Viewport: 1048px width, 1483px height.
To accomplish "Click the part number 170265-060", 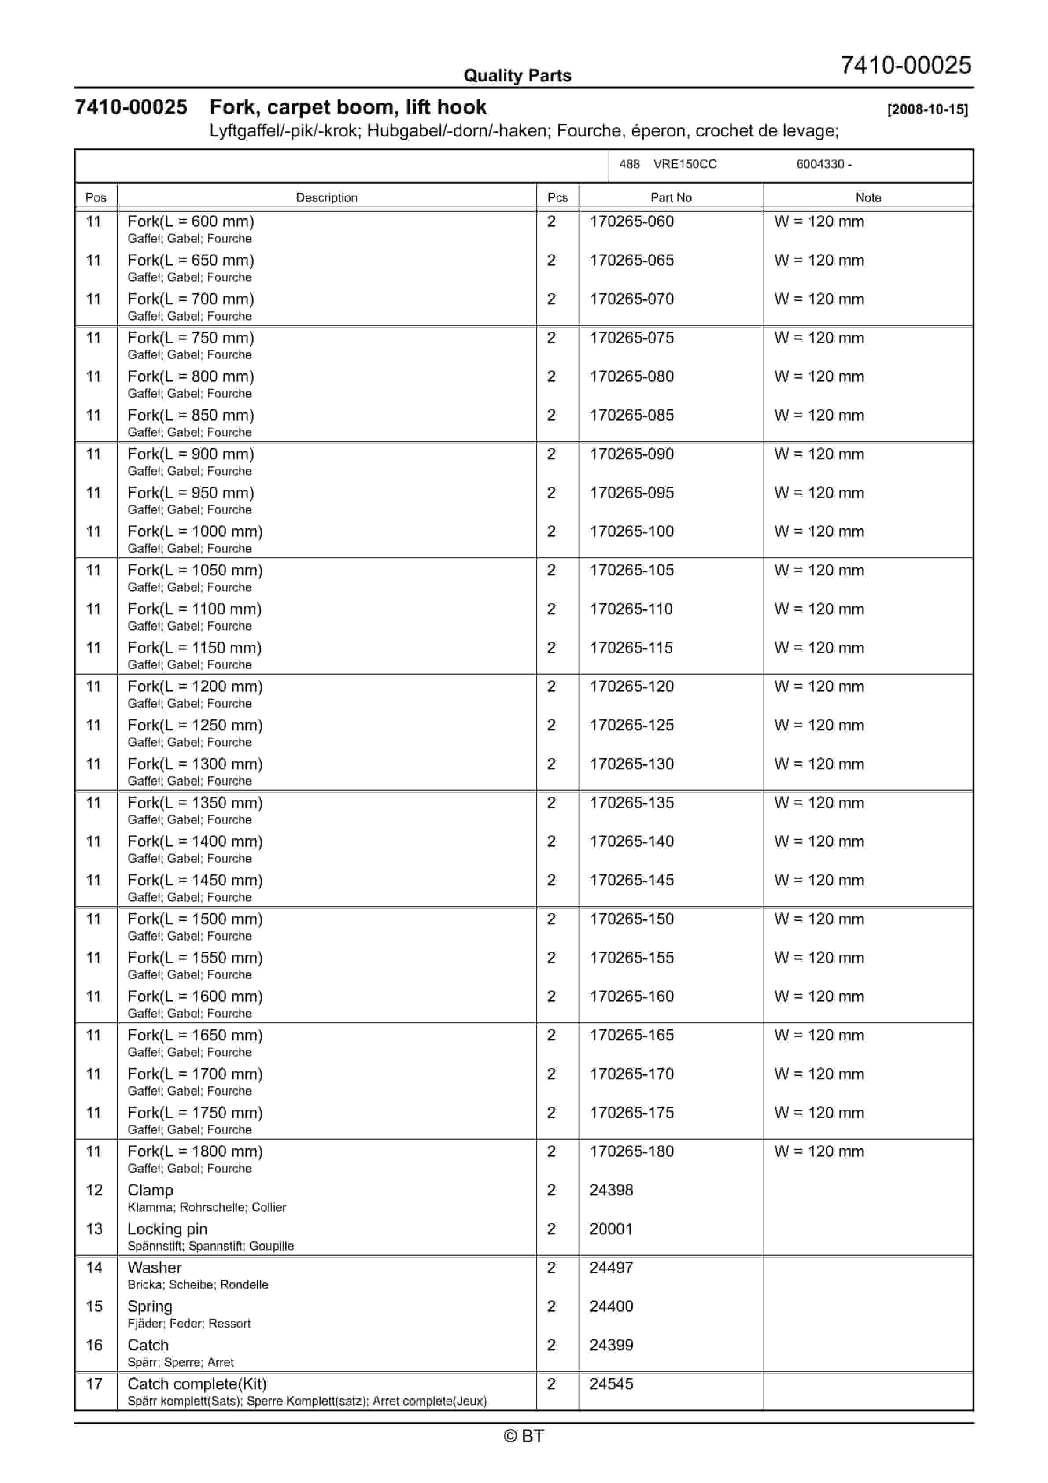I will tap(631, 221).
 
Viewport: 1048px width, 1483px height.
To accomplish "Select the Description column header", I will tap(326, 198).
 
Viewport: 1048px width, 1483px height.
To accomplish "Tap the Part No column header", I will tap(671, 198).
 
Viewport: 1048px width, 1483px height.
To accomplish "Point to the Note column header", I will tap(868, 198).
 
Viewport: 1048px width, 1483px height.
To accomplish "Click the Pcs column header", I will tap(557, 198).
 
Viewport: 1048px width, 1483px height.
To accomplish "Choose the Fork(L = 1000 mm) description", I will tap(195, 531).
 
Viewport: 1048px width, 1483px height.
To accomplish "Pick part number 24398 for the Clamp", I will tap(611, 1190).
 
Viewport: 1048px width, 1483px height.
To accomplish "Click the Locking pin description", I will tap(167, 1229).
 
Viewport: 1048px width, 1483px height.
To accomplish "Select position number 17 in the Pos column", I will tap(94, 1384).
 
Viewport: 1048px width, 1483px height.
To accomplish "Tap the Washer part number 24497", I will tap(611, 1268).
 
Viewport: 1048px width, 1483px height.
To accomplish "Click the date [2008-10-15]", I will tap(927, 109).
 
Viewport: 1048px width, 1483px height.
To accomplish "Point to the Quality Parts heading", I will tap(517, 76).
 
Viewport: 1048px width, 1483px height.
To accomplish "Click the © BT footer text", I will tap(524, 1436).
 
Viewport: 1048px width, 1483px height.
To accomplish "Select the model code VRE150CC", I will tap(685, 164).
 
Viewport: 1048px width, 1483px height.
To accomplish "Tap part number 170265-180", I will tap(631, 1151).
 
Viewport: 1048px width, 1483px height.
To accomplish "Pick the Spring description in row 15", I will tap(150, 1307).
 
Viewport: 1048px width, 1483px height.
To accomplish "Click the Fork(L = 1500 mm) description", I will tap(195, 919).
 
